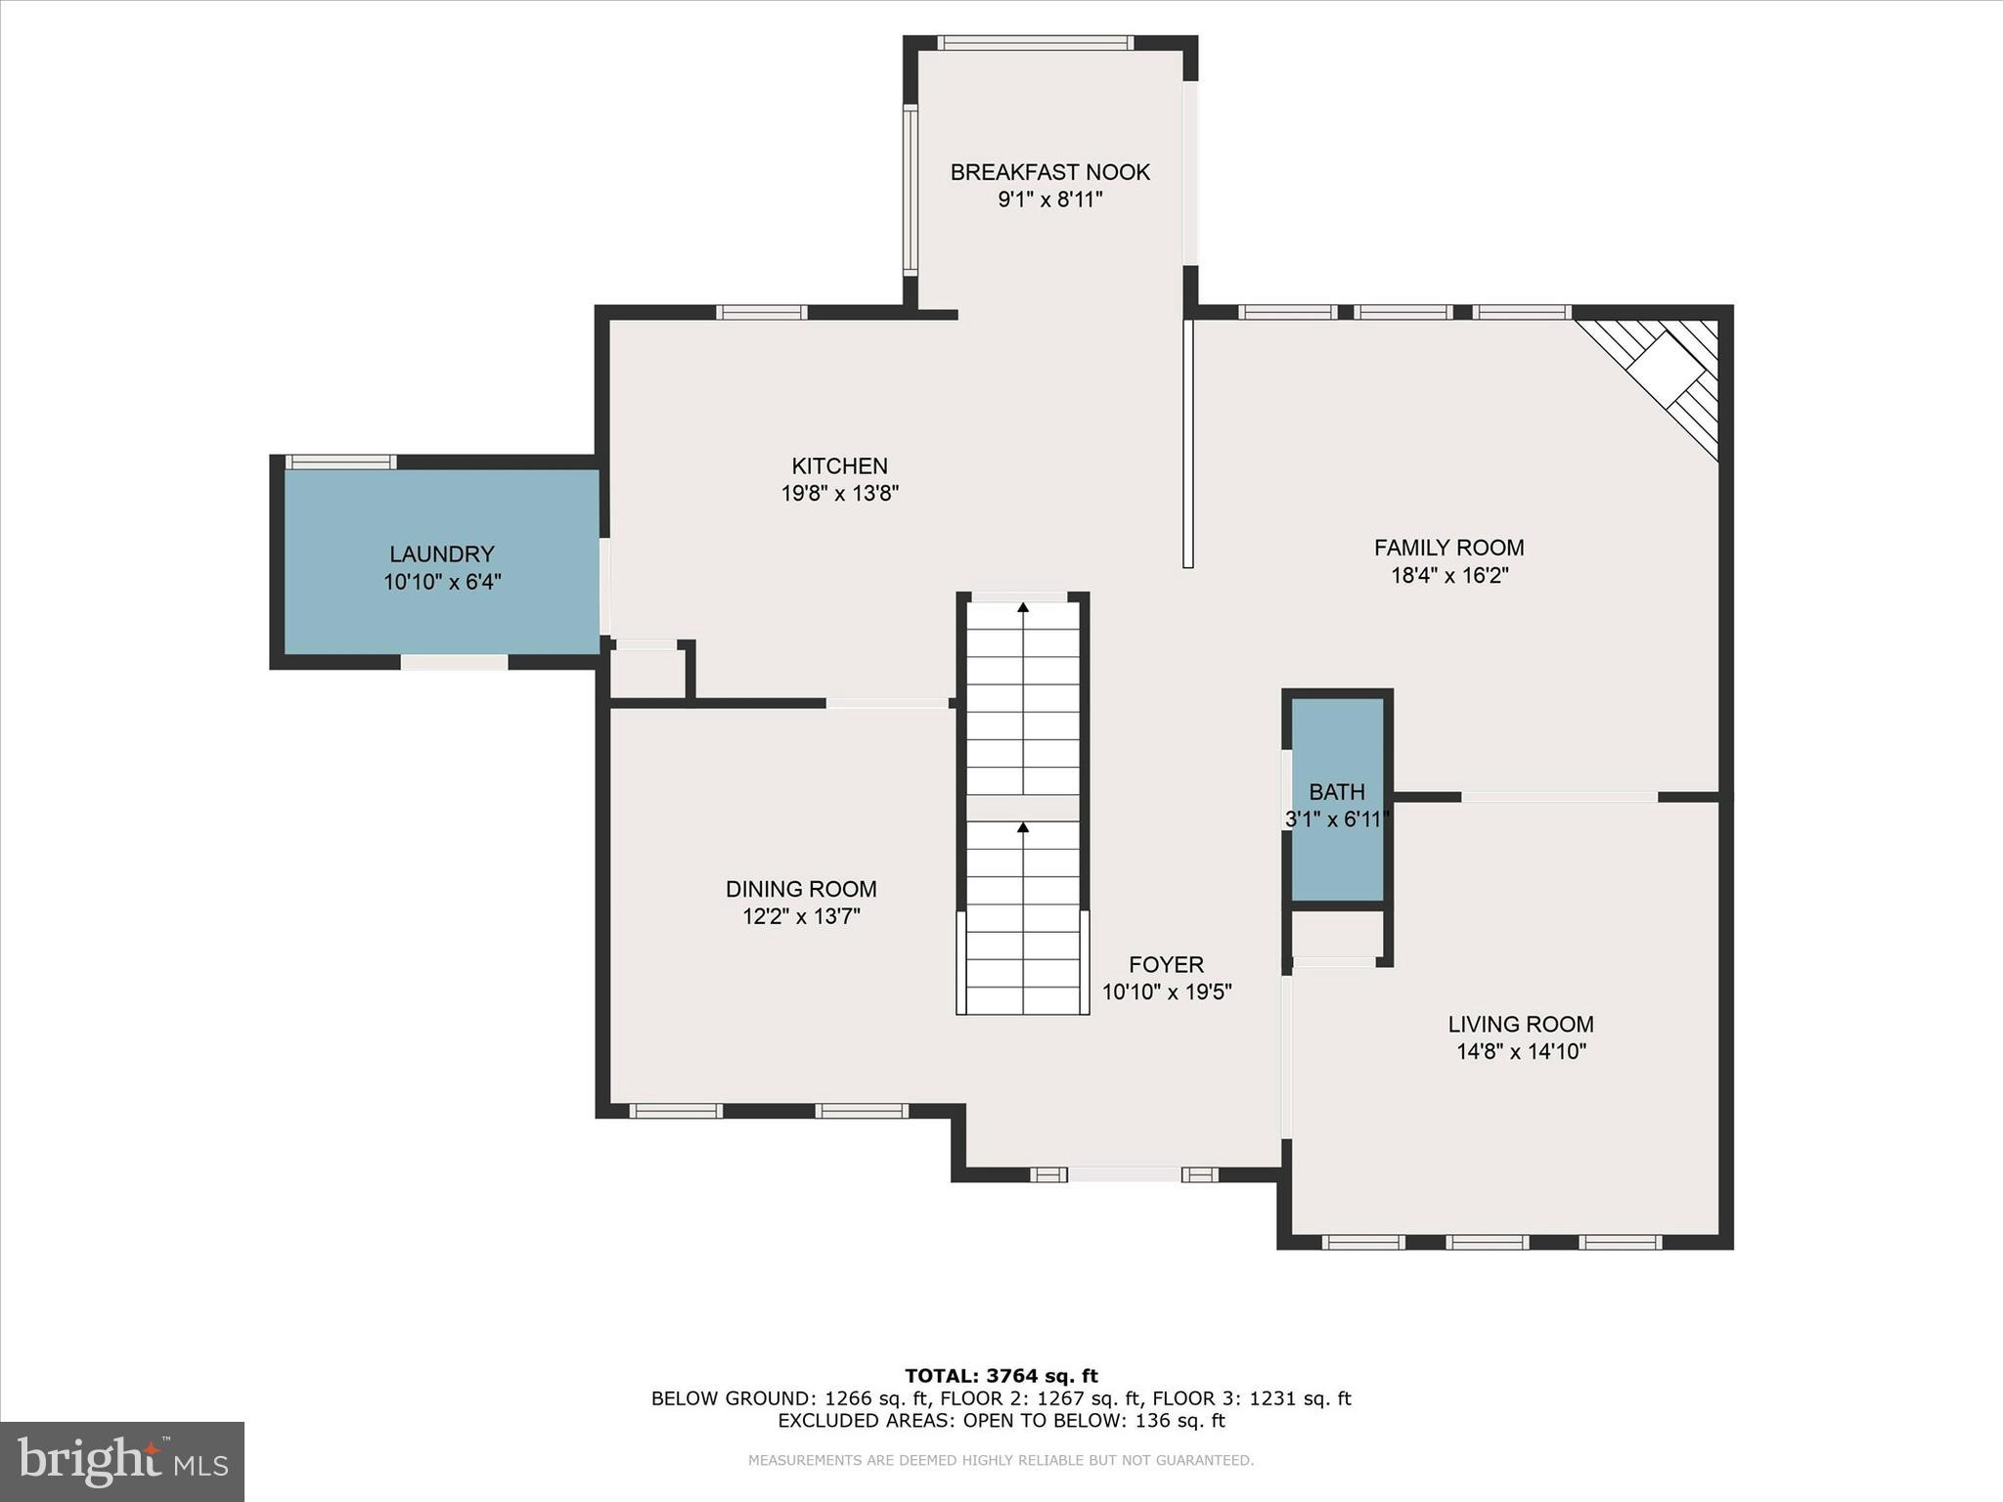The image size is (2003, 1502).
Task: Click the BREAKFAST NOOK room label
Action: (x=1049, y=172)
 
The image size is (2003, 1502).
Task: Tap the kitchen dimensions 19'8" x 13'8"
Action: (x=839, y=493)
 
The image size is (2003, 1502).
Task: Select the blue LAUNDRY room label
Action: (x=442, y=554)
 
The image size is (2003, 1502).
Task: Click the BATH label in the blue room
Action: (x=1336, y=792)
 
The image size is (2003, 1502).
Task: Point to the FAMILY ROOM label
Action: (x=1448, y=548)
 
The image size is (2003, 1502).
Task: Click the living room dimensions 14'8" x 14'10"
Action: (x=1520, y=1052)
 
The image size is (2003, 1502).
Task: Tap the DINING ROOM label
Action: (x=801, y=889)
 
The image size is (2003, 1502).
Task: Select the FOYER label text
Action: (x=1166, y=964)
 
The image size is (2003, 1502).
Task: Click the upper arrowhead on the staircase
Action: (x=1023, y=607)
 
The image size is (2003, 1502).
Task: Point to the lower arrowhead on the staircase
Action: (x=1023, y=827)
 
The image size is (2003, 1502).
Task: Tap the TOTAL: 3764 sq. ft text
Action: (x=1001, y=1377)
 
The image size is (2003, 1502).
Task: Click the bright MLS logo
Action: (x=122, y=1461)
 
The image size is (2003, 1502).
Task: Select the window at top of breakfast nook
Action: (x=1035, y=43)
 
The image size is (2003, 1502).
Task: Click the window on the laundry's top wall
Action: (x=340, y=462)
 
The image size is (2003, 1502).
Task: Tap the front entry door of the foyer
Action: (x=1124, y=1174)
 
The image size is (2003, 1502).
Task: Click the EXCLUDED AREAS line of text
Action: (x=1001, y=1421)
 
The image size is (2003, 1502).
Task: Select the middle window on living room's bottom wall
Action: (x=1487, y=1242)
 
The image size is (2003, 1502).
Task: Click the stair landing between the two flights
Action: (x=1023, y=808)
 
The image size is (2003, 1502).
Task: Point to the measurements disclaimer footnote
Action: (x=1001, y=1460)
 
